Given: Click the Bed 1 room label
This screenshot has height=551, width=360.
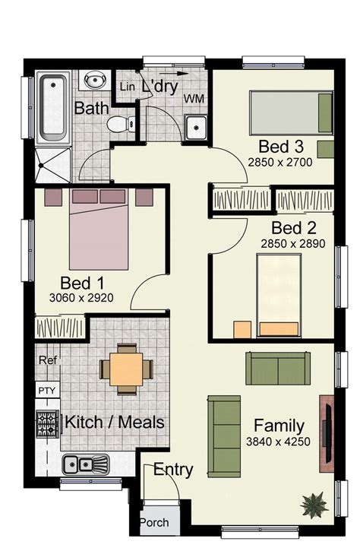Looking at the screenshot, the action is [x=82, y=283].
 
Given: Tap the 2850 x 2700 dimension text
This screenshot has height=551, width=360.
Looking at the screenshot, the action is [x=280, y=163].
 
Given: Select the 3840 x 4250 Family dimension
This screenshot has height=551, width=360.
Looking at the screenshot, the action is [x=278, y=442].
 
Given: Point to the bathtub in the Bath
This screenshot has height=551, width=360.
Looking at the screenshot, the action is [x=53, y=109].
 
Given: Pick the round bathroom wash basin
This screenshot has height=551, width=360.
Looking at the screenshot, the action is [x=95, y=80].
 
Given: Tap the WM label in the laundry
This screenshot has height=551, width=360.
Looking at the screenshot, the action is [x=194, y=99].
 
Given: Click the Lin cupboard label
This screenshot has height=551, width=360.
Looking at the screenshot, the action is [x=127, y=87].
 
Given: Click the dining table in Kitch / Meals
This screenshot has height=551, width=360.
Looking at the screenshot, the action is [x=126, y=369].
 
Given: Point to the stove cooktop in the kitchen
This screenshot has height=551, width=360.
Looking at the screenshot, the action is [x=47, y=424].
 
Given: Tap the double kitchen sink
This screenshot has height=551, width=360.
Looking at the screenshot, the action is [x=86, y=464].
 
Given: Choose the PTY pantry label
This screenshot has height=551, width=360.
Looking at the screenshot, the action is [x=47, y=391].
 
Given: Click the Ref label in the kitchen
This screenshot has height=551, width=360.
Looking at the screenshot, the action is [x=47, y=360].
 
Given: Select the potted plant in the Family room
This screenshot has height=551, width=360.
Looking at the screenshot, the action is [x=314, y=505].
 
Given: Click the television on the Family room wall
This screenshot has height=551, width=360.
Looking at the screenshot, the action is [x=327, y=433].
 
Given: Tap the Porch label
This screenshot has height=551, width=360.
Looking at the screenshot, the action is [x=154, y=523].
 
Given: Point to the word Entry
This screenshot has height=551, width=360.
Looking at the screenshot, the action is [x=173, y=470].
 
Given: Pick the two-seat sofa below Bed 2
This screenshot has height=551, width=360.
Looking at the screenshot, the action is [x=278, y=369].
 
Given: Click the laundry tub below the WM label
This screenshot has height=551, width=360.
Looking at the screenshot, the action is [x=196, y=127].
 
